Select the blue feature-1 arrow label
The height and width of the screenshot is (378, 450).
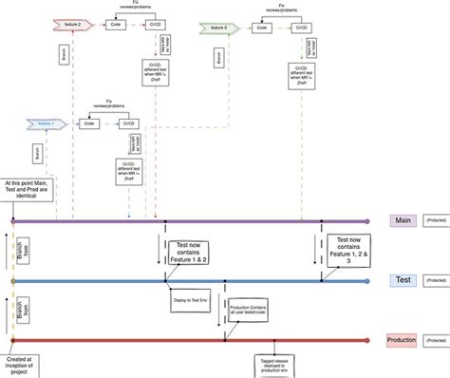(x=44, y=123)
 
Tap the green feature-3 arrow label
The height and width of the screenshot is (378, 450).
(x=217, y=28)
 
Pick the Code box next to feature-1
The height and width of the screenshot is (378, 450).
(x=89, y=123)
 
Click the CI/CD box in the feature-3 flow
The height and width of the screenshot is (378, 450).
(x=298, y=28)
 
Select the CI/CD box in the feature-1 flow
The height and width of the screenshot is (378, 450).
(x=129, y=123)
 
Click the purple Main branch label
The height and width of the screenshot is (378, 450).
(x=402, y=220)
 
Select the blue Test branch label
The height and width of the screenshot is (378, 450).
(x=402, y=281)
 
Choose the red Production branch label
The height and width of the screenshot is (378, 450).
(x=402, y=340)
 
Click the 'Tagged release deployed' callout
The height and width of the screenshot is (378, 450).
(x=275, y=366)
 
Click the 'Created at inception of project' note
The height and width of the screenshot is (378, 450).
(x=22, y=362)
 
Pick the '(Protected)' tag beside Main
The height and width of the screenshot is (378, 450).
(x=436, y=220)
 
